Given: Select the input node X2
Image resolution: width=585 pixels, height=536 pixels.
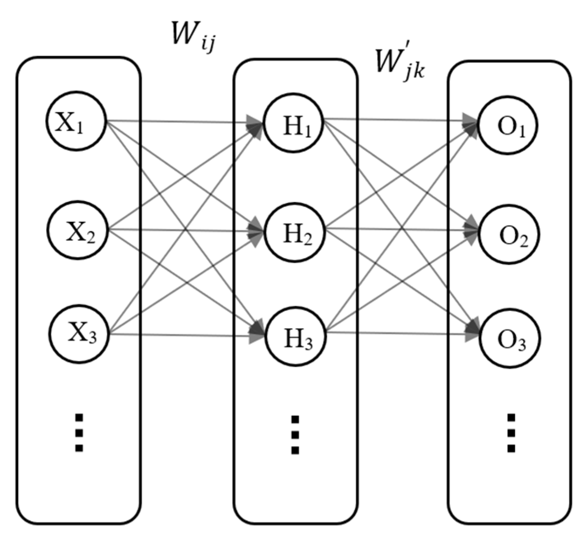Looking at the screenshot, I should pyautogui.click(x=77, y=230).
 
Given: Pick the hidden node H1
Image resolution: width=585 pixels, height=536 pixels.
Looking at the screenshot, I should pyautogui.click(x=294, y=125).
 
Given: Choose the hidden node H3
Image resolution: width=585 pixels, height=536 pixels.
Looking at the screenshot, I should pyautogui.click(x=296, y=337).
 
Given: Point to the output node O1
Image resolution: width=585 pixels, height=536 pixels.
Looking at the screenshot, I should pyautogui.click(x=508, y=125).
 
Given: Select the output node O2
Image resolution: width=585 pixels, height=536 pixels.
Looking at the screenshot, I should pyautogui.click(x=510, y=235).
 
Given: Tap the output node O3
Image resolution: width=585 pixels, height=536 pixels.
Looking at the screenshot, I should pyautogui.click(x=509, y=339).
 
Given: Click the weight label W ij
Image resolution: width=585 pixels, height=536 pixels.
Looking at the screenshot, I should pyautogui.click(x=193, y=36).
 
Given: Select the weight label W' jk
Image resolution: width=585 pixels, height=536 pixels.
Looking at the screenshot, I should pyautogui.click(x=399, y=65).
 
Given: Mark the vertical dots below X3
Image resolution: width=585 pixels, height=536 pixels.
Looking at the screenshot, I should pyautogui.click(x=79, y=433).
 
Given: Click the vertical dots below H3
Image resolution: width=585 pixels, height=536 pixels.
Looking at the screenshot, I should pyautogui.click(x=295, y=435).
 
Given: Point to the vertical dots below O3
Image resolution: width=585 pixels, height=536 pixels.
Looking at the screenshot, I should pyautogui.click(x=511, y=433).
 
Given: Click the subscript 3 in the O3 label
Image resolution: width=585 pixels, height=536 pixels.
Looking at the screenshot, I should pyautogui.click(x=522, y=345).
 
